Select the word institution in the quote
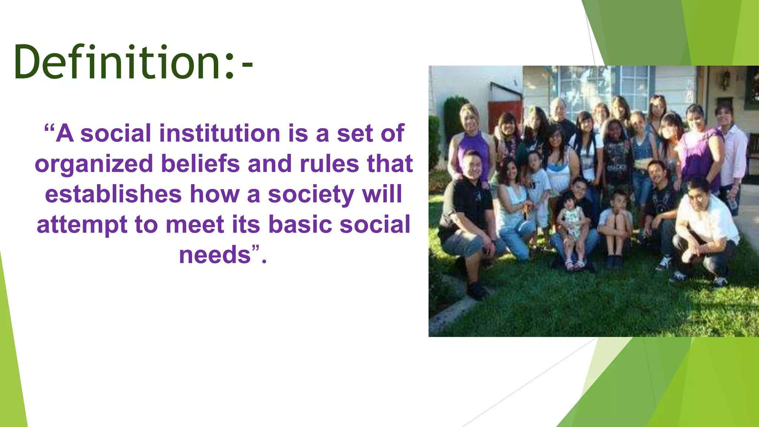(x=220, y=133)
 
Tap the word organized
(x=94, y=164)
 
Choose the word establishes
(x=113, y=194)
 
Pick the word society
(x=311, y=194)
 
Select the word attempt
(x=82, y=225)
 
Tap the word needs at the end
(x=215, y=255)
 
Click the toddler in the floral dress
(x=571, y=222)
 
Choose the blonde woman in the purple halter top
(x=471, y=141)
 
